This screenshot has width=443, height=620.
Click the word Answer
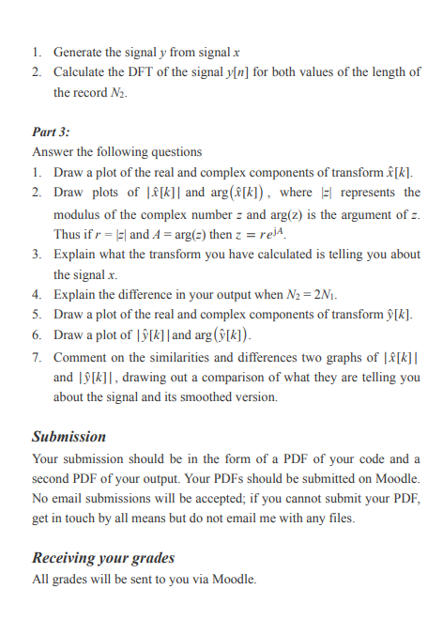point(53,152)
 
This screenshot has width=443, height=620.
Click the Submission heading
point(69,436)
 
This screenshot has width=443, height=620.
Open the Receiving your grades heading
point(103,558)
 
